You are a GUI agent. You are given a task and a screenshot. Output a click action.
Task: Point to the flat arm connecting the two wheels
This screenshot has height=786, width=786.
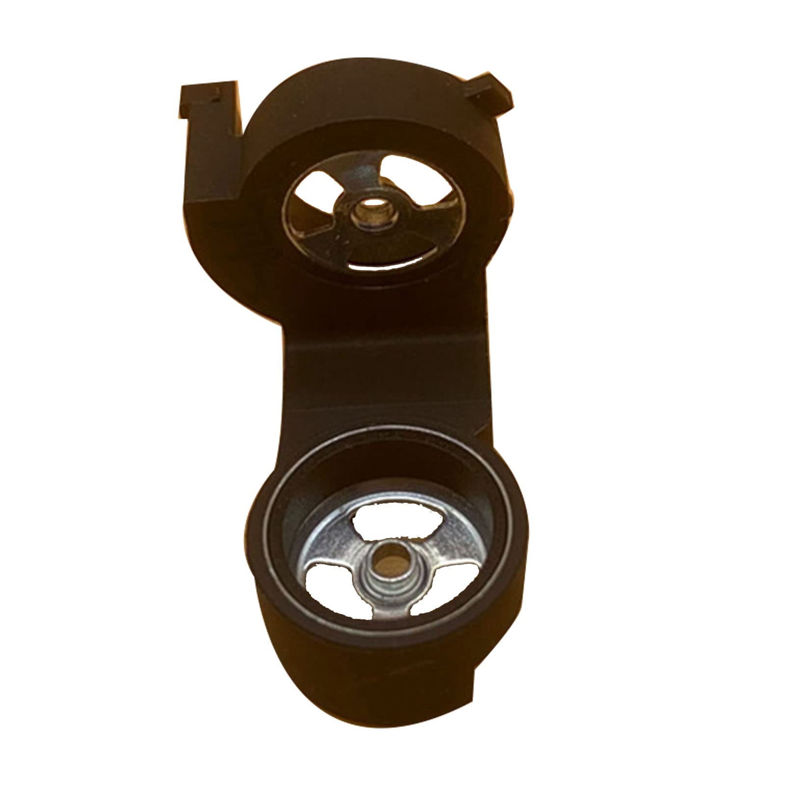[388, 373]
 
